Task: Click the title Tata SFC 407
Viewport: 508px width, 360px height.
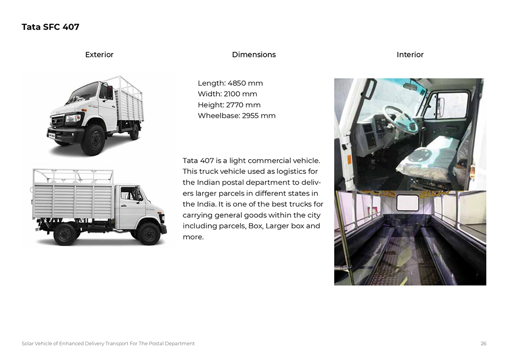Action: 50,27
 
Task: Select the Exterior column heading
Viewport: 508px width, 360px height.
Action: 99,54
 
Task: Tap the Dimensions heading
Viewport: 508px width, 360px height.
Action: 253,54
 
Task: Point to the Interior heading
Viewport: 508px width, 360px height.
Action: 410,54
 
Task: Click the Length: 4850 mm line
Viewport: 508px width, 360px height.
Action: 230,83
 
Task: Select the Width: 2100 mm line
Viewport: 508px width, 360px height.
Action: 227,94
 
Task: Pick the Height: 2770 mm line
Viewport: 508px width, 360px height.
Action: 229,105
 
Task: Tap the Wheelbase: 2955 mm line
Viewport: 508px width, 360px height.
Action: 236,115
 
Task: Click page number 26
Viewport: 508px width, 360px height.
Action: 483,344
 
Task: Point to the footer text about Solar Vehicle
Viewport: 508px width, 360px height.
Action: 108,344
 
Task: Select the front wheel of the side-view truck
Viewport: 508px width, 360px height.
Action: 148,233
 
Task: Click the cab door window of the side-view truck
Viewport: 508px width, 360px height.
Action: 131,194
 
